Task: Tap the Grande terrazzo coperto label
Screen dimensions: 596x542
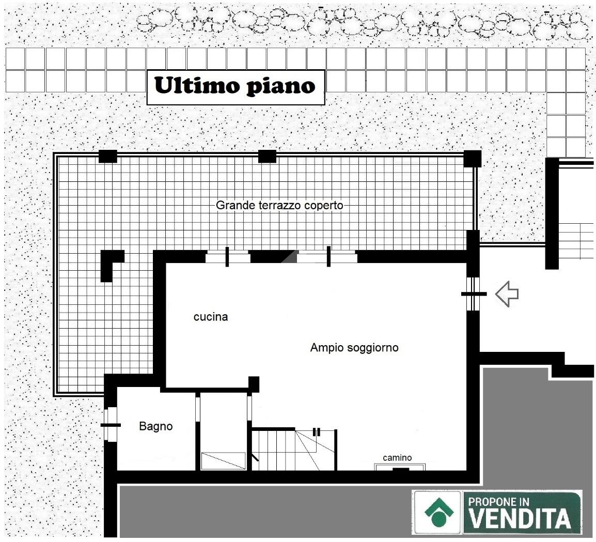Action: click(279, 206)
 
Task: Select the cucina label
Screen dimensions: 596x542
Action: click(211, 317)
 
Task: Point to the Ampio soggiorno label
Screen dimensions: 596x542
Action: click(354, 348)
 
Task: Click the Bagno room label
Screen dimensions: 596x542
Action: click(156, 426)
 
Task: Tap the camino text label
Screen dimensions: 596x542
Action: click(397, 458)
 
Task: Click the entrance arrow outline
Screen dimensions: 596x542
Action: click(507, 293)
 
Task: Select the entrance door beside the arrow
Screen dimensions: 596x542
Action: click(473, 293)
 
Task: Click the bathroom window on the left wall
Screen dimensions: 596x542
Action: click(111, 425)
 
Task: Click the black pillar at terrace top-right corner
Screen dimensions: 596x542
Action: click(472, 159)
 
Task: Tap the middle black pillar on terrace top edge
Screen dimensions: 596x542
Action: click(267, 157)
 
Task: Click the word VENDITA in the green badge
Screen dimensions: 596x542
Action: click(519, 518)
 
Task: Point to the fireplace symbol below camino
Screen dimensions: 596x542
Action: click(400, 467)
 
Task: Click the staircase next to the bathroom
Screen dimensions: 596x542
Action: click(294, 449)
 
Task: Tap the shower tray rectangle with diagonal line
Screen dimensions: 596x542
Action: click(223, 461)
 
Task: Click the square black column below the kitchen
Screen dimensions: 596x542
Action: click(254, 384)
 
